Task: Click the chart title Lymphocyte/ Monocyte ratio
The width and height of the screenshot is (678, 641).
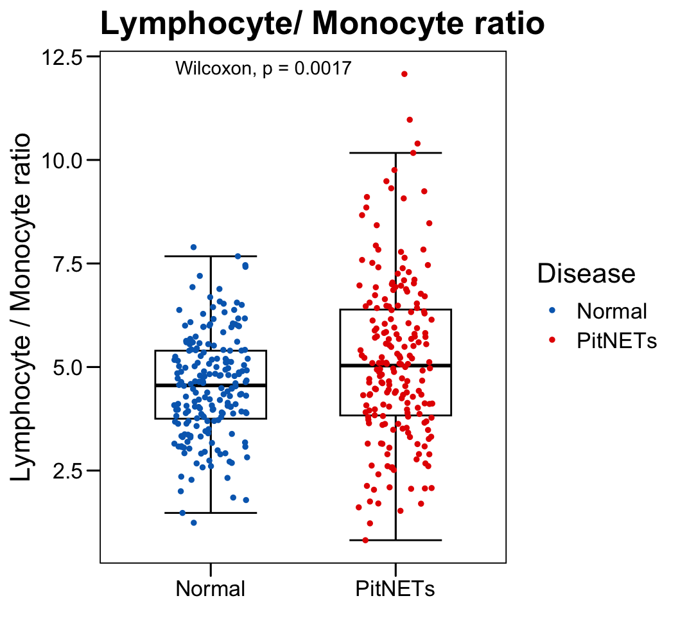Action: (322, 25)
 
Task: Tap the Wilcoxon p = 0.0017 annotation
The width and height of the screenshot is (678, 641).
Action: (263, 68)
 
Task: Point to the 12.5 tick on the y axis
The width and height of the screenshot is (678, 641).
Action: (63, 57)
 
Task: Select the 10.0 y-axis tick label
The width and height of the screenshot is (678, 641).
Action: (63, 161)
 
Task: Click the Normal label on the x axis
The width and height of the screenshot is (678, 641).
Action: (211, 589)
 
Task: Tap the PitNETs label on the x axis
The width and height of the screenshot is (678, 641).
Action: (395, 589)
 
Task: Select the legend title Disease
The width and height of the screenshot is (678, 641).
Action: (586, 274)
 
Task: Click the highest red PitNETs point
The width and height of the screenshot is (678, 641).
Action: (404, 75)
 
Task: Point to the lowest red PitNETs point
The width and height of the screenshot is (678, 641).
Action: (366, 540)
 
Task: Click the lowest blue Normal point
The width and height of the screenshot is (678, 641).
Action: (193, 523)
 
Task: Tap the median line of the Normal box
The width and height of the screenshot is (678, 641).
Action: (211, 385)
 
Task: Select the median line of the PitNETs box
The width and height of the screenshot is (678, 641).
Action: (395, 365)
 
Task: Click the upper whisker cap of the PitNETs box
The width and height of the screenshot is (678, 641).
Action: (395, 153)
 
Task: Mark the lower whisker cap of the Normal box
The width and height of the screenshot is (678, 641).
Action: (211, 513)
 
